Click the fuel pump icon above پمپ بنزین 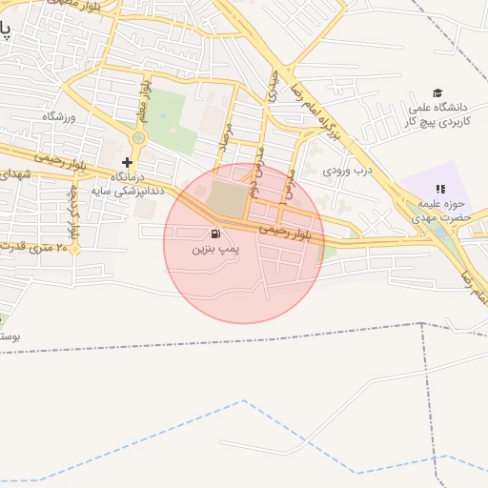[x=215, y=234]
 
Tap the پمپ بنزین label [x=213, y=249]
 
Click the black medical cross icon [x=127, y=163]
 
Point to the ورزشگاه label [x=58, y=115]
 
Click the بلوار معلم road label [x=145, y=99]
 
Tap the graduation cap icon [x=437, y=92]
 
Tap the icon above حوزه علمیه [x=439, y=190]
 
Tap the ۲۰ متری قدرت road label [x=36, y=247]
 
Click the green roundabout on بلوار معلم [x=139, y=139]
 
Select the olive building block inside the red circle [x=227, y=199]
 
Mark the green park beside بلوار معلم [x=171, y=121]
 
